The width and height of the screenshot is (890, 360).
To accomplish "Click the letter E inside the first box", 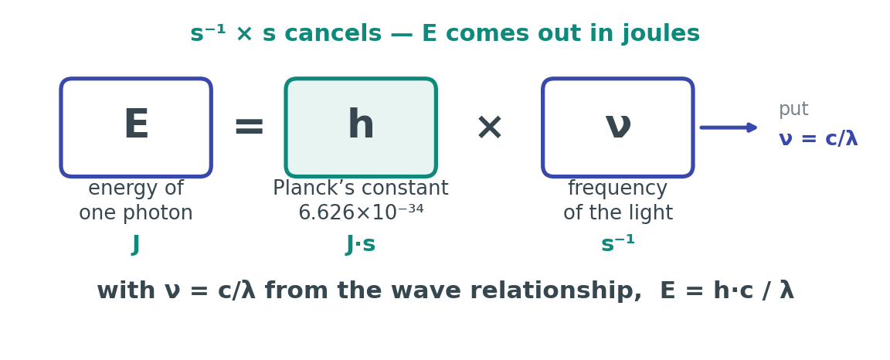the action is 136,124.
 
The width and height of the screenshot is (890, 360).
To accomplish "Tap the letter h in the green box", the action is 361,124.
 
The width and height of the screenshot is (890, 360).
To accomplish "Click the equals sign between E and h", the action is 250,126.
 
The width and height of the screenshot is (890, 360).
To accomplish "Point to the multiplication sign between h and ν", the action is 490,127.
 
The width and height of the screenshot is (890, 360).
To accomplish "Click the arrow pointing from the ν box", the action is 729,127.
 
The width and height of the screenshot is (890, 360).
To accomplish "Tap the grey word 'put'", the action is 793,109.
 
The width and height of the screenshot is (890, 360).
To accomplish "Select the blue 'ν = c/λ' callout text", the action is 818,138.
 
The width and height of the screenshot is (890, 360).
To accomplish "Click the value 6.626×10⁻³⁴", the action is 361,213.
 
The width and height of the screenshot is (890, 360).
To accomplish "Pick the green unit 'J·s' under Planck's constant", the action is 361,244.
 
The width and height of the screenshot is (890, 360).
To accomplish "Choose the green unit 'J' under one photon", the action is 136,245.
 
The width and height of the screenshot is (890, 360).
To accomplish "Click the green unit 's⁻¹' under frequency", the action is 618,243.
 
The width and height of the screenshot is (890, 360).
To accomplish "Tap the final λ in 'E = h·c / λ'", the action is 786,290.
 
